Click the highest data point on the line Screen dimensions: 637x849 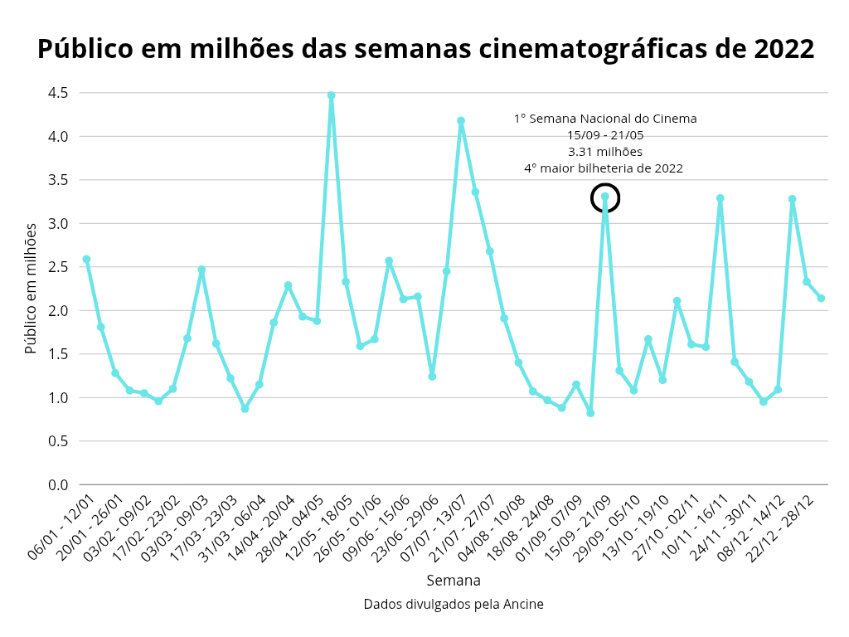pyautogui.click(x=331, y=95)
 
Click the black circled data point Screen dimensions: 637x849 pyautogui.click(x=605, y=197)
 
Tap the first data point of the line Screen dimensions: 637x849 pyautogui.click(x=86, y=260)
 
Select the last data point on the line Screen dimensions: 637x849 pyautogui.click(x=821, y=298)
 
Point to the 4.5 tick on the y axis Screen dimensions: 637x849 pyautogui.click(x=57, y=93)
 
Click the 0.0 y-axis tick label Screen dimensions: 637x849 pyautogui.click(x=57, y=485)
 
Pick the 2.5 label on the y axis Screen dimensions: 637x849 pyautogui.click(x=57, y=267)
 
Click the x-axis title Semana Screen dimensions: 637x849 pyautogui.click(x=454, y=581)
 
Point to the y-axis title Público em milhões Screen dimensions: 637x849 pyautogui.click(x=31, y=288)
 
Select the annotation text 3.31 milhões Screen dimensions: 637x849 pyautogui.click(x=605, y=152)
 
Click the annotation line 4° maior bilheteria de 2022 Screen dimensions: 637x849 pyautogui.click(x=604, y=168)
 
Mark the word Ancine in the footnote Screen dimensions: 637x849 pyautogui.click(x=523, y=605)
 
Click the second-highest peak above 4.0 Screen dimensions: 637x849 pyautogui.click(x=461, y=121)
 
